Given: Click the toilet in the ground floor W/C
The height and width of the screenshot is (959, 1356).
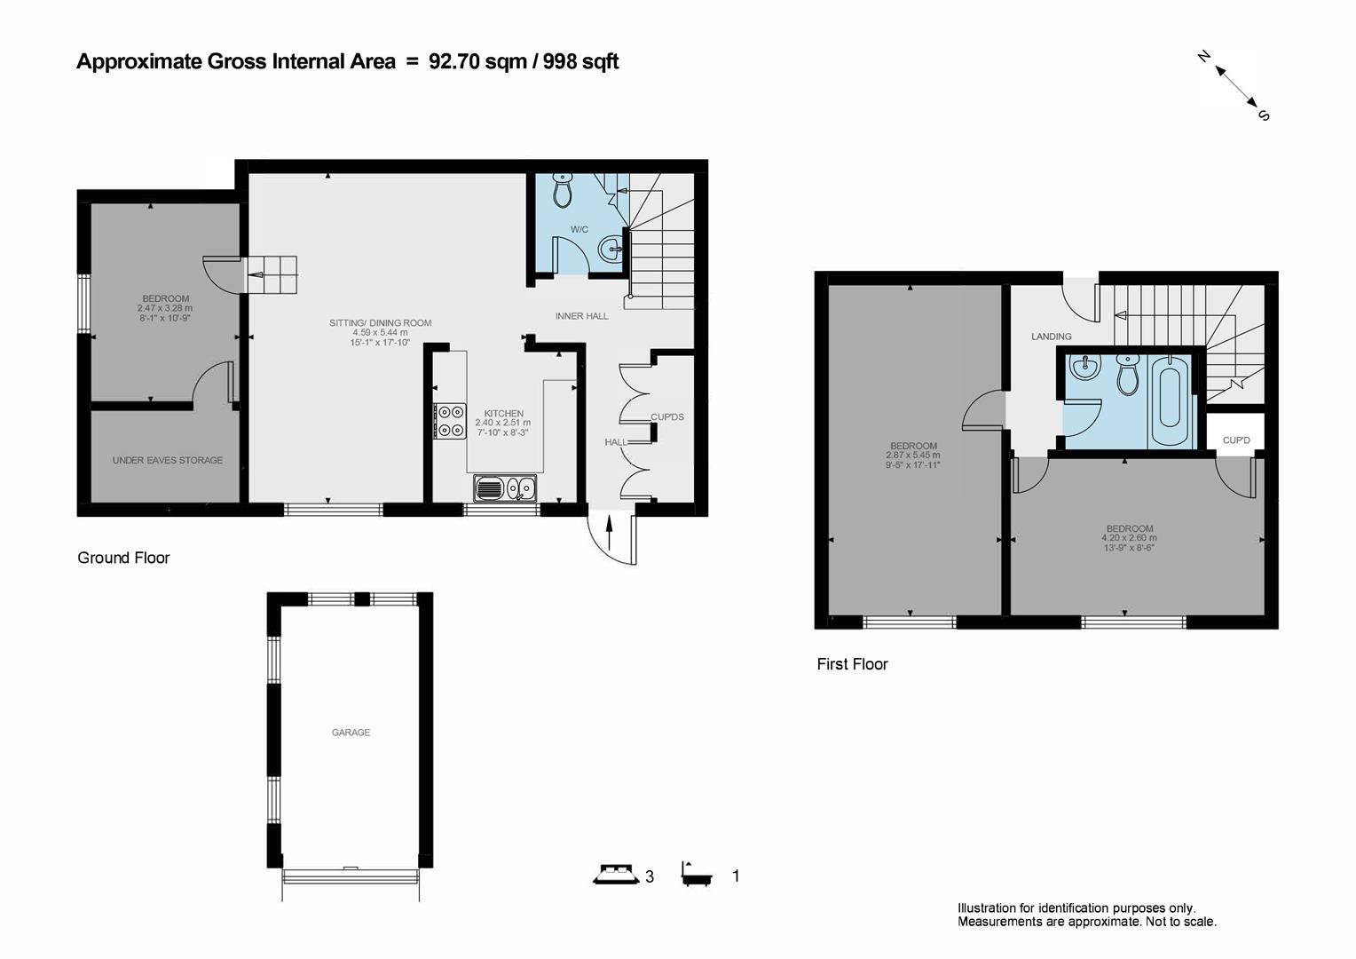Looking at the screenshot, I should (563, 190).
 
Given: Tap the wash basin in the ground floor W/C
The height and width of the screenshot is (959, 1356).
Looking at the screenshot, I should (611, 250).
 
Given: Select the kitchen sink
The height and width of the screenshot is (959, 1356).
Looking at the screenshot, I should (504, 487).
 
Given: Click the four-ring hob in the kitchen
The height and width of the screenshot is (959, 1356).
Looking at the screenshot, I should (450, 420).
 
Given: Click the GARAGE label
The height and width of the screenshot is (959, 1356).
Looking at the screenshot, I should (351, 733).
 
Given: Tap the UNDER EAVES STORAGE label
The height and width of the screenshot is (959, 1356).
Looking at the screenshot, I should (167, 460).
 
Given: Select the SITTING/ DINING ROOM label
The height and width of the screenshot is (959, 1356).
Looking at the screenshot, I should (380, 322).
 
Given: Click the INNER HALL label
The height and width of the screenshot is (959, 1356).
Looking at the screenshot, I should (581, 316).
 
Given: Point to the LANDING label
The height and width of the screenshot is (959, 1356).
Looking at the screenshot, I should (1051, 337).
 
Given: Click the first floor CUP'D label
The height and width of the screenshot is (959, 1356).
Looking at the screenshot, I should (1235, 440).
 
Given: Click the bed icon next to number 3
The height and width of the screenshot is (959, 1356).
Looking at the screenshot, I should (616, 875).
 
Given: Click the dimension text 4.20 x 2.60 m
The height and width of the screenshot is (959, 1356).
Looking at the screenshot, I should (1129, 538).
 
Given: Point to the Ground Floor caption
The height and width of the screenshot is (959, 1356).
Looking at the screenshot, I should (123, 558).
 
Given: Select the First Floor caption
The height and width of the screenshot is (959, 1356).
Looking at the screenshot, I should (852, 664).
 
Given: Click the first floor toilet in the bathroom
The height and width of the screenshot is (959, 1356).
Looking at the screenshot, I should (1127, 376).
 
